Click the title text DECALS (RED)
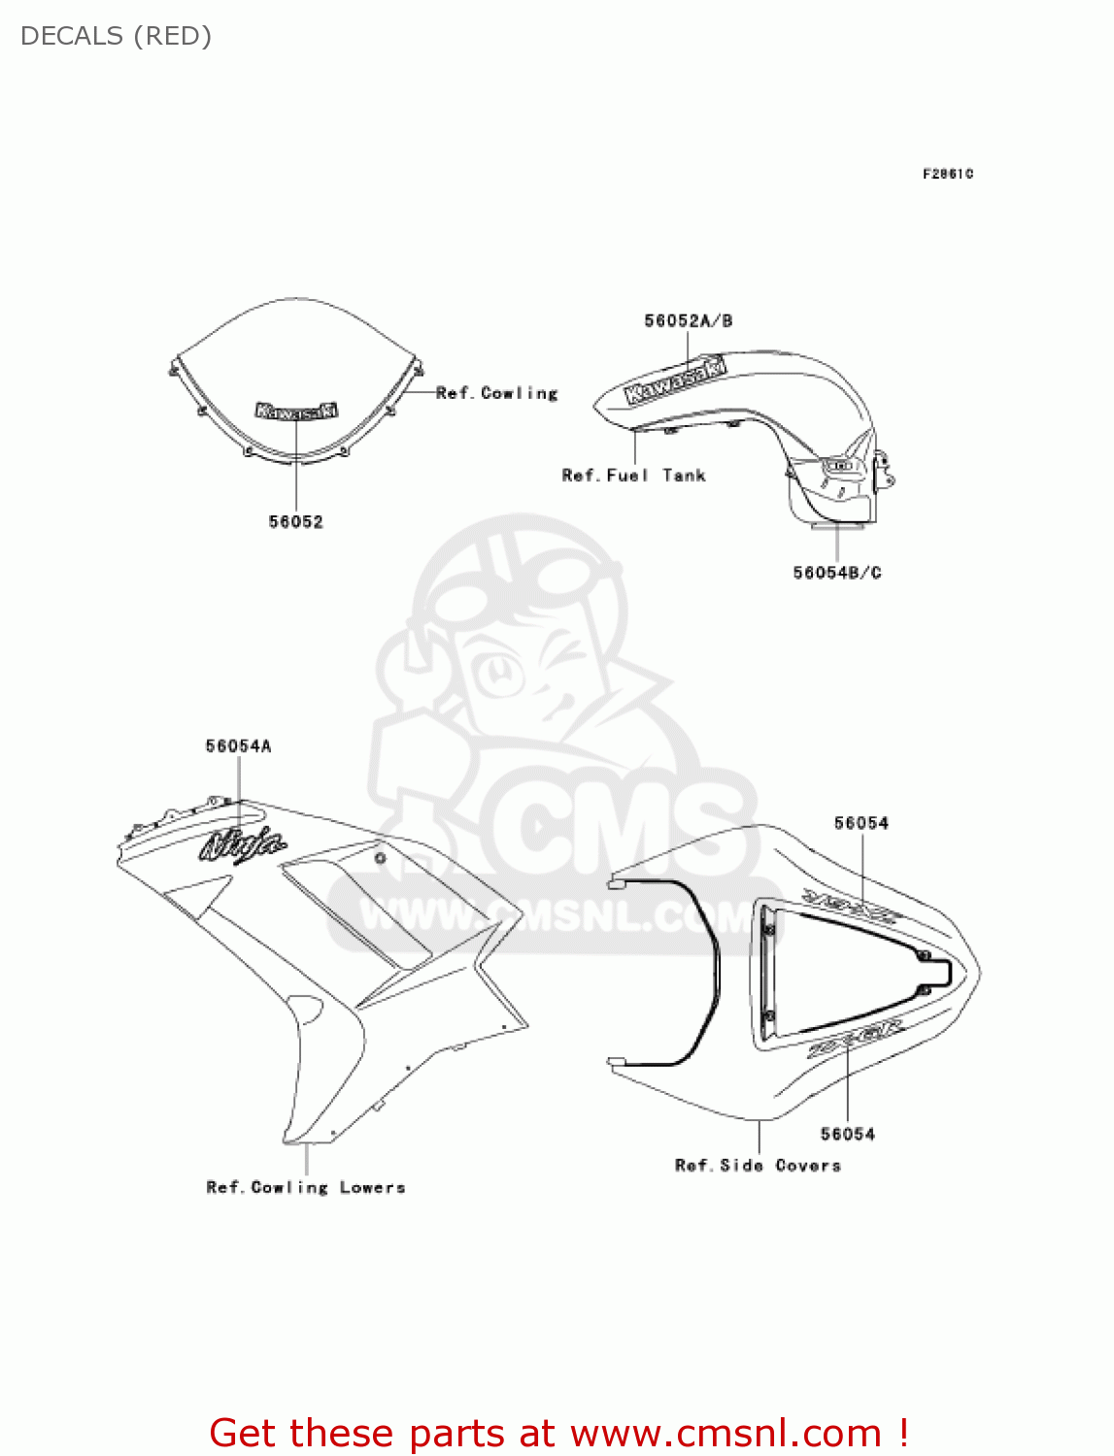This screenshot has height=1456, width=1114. [x=116, y=36]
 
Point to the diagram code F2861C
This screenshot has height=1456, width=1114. [x=947, y=174]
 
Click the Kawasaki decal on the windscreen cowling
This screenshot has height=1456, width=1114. [x=296, y=411]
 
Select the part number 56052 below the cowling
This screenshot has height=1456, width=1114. [x=295, y=522]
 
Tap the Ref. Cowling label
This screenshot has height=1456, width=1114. [x=496, y=393]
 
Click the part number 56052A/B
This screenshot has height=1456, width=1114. [x=688, y=321]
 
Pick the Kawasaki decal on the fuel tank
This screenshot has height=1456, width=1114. [x=676, y=380]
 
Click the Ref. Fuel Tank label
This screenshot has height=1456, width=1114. [x=633, y=476]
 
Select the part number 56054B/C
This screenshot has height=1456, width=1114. [x=836, y=573]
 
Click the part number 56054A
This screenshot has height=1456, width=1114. [x=238, y=746]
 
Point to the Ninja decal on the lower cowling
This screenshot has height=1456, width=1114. [x=243, y=844]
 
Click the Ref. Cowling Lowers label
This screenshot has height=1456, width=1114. [x=305, y=1187]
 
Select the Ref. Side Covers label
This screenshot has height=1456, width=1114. [x=758, y=1166]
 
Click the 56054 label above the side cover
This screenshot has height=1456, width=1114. [x=861, y=823]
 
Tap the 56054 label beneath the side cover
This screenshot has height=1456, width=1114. [x=847, y=1134]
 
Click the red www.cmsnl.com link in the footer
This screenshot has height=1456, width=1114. [x=726, y=1433]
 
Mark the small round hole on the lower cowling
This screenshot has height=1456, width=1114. [x=380, y=857]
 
